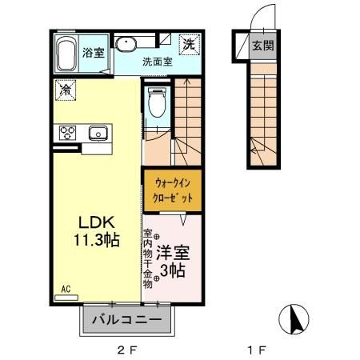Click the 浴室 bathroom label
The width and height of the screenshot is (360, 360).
pyautogui.click(x=93, y=53)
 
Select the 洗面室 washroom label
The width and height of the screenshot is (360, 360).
pyautogui.click(x=157, y=61)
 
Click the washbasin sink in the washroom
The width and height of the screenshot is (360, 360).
pyautogui.click(x=126, y=43)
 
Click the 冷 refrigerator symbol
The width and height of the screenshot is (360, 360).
pyautogui.click(x=64, y=90)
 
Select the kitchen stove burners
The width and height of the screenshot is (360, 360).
pyautogui.click(x=66, y=133)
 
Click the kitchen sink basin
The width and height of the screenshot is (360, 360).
pyautogui.click(x=98, y=133)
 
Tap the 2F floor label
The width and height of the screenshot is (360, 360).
pyautogui.click(x=126, y=349)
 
